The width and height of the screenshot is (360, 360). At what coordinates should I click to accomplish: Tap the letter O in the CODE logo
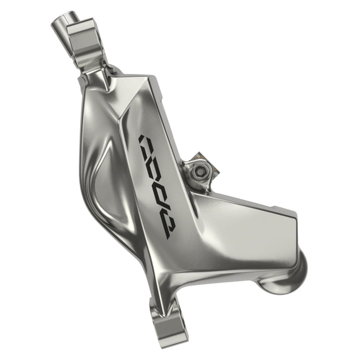(x=155, y=166)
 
